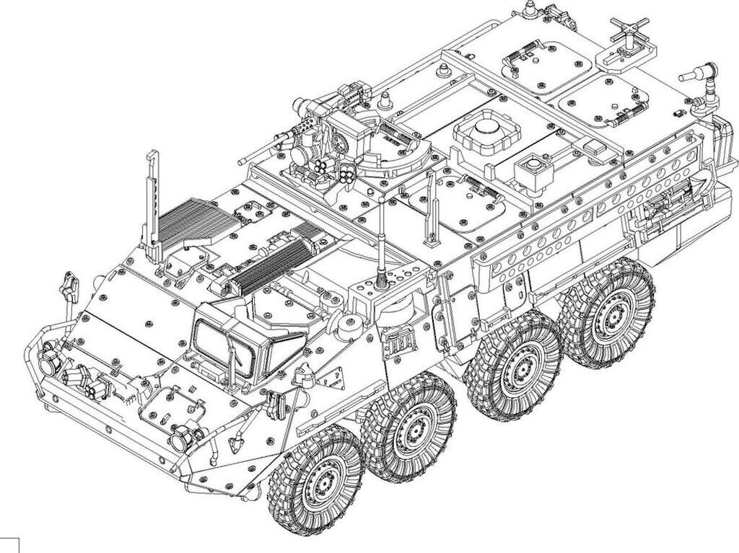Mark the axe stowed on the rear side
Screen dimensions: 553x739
(x=668, y=203)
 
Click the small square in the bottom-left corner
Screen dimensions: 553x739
(x=9, y=544)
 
